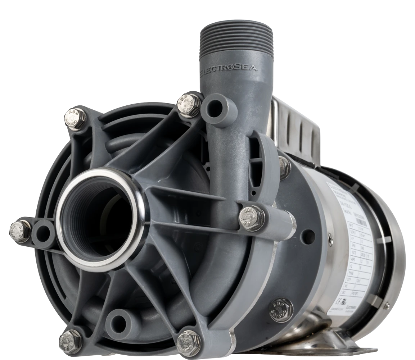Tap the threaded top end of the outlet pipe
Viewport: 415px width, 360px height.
(236, 36)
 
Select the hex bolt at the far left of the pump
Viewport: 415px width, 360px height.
(19, 230)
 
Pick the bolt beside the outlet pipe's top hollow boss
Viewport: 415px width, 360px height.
(189, 105)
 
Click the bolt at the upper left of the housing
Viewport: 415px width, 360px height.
(76, 118)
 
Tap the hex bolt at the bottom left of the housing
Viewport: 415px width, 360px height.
(70, 341)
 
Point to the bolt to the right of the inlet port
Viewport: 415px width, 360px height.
(252, 218)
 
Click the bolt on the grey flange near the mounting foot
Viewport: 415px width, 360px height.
(281, 309)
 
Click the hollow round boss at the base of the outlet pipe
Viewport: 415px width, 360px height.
(217, 108)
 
